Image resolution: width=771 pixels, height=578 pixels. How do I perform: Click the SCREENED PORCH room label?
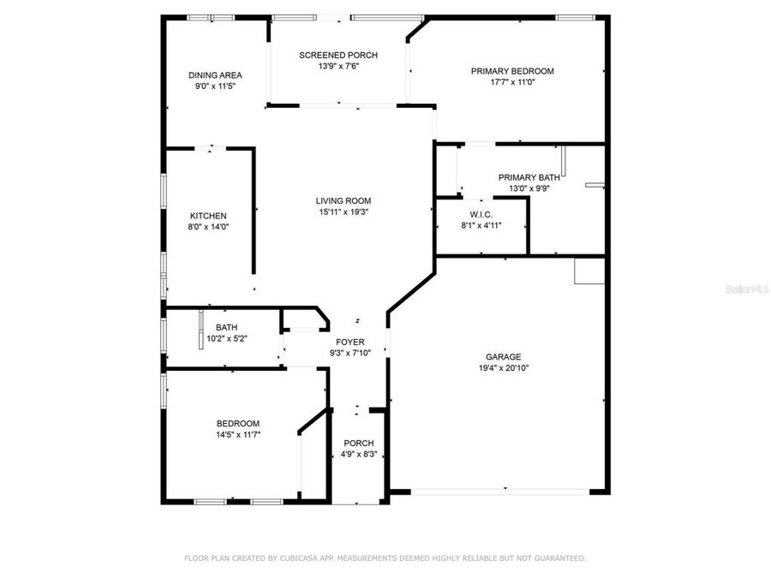[x=338, y=56]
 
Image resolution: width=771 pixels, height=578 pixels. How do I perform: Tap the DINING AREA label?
[x=215, y=75]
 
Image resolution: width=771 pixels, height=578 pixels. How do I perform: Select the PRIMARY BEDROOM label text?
[x=512, y=71]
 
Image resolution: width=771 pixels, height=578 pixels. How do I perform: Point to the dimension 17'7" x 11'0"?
[x=512, y=83]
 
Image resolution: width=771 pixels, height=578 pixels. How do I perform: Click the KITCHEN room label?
[x=208, y=216]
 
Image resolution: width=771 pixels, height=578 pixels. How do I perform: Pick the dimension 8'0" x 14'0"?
[x=208, y=227]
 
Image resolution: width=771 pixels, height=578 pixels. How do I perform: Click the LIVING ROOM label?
[x=343, y=201]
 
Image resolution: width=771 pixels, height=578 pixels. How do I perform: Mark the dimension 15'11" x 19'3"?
[x=343, y=212]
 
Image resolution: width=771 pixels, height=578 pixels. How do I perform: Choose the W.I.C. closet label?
[x=480, y=214]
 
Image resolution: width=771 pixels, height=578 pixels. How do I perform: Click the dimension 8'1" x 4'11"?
[x=481, y=225]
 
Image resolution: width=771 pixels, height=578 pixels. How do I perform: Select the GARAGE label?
[x=503, y=357]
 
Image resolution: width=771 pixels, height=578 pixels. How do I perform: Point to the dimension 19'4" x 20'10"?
[x=503, y=368]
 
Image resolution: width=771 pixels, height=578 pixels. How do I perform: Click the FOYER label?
[x=350, y=342]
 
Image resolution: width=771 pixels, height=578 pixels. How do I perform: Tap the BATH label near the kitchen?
[x=226, y=327]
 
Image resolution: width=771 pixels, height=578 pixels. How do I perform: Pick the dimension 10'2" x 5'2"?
[x=226, y=338]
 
